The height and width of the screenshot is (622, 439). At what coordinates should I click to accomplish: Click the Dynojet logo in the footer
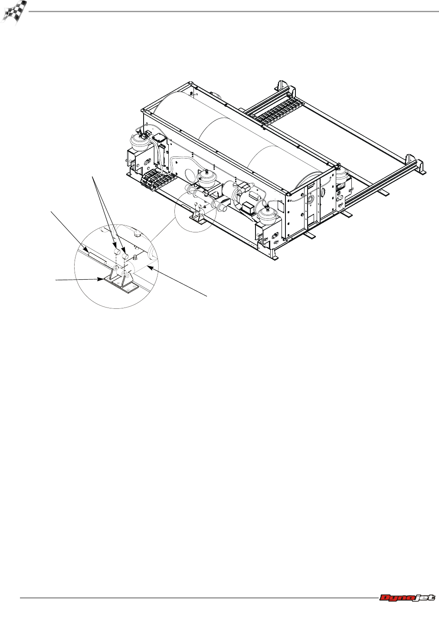[407, 598]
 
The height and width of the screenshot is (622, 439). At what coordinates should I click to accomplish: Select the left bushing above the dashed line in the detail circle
[117, 252]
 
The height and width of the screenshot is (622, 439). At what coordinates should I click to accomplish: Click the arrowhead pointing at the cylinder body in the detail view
[149, 267]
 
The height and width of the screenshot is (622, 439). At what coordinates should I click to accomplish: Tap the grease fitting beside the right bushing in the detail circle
[136, 257]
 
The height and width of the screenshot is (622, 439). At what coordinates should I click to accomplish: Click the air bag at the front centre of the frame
[207, 179]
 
